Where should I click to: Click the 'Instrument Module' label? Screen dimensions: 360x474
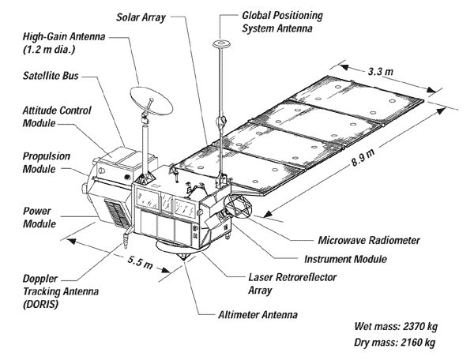coord(344,258)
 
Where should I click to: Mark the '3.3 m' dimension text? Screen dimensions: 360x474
coord(382,70)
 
